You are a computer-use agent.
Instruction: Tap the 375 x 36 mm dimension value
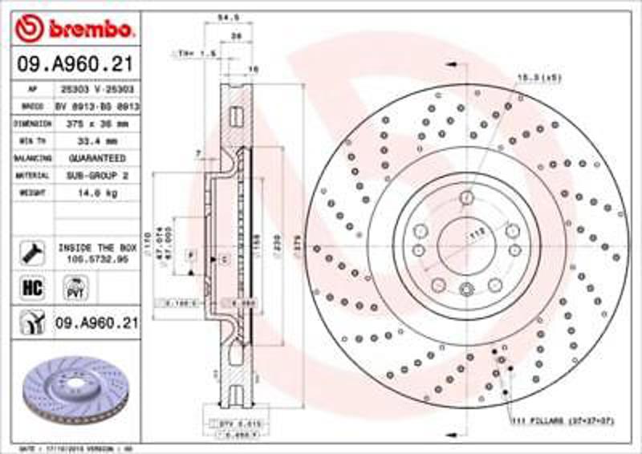coord(97,124)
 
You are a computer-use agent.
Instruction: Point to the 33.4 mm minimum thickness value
coord(97,141)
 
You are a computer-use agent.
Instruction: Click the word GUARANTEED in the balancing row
coord(97,158)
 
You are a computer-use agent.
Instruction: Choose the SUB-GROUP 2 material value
coord(97,175)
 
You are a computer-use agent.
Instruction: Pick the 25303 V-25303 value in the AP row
coord(97,89)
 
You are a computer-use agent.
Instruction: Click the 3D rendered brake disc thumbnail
coord(71,389)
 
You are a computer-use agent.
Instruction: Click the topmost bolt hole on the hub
coord(466,197)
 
